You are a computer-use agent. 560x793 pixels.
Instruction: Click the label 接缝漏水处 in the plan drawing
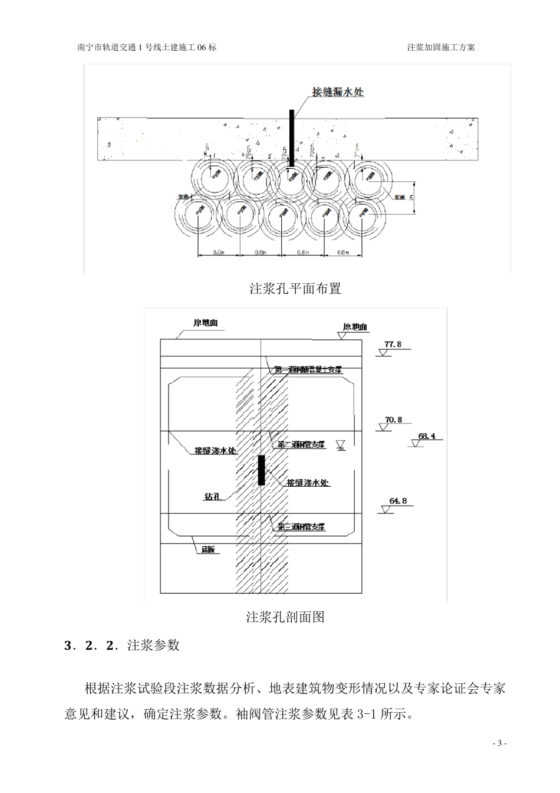pyautogui.click(x=338, y=92)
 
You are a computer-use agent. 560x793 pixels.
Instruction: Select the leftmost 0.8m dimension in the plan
pyautogui.click(x=218, y=253)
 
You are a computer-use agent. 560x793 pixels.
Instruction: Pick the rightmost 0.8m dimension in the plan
pyautogui.click(x=344, y=253)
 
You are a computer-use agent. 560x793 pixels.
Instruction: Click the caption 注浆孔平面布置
pyautogui.click(x=295, y=289)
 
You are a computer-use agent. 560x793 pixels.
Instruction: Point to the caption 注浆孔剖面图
pyautogui.click(x=285, y=617)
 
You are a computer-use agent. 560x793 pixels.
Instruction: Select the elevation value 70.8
pyautogui.click(x=393, y=420)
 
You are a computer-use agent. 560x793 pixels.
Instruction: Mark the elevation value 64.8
pyautogui.click(x=398, y=502)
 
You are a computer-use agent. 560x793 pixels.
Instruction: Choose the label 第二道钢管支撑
pyautogui.click(x=302, y=444)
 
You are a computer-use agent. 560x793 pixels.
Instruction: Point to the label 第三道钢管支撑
pyautogui.click(x=302, y=526)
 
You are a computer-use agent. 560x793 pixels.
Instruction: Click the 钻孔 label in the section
pyautogui.click(x=212, y=497)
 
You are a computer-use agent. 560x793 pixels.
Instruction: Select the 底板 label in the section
pyautogui.click(x=208, y=549)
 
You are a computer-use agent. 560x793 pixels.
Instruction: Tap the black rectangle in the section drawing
pyautogui.click(x=261, y=470)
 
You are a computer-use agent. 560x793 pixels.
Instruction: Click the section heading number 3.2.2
pyautogui.click(x=92, y=645)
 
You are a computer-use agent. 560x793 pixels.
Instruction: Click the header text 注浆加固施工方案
pyautogui.click(x=441, y=47)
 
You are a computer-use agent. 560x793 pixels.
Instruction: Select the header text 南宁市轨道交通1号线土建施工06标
pyautogui.click(x=147, y=47)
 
